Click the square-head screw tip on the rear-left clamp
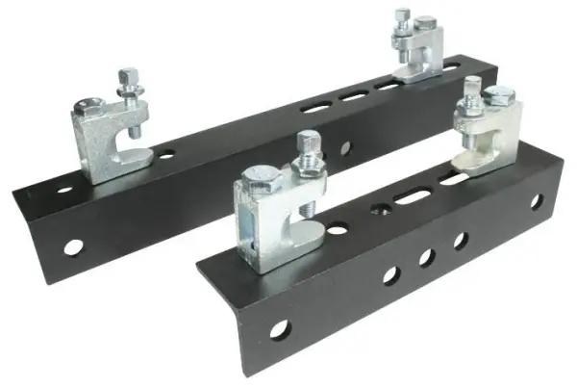(127, 74)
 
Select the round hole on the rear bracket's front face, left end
(72, 246)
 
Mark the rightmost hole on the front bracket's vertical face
(536, 203)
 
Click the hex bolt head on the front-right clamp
(498, 95)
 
